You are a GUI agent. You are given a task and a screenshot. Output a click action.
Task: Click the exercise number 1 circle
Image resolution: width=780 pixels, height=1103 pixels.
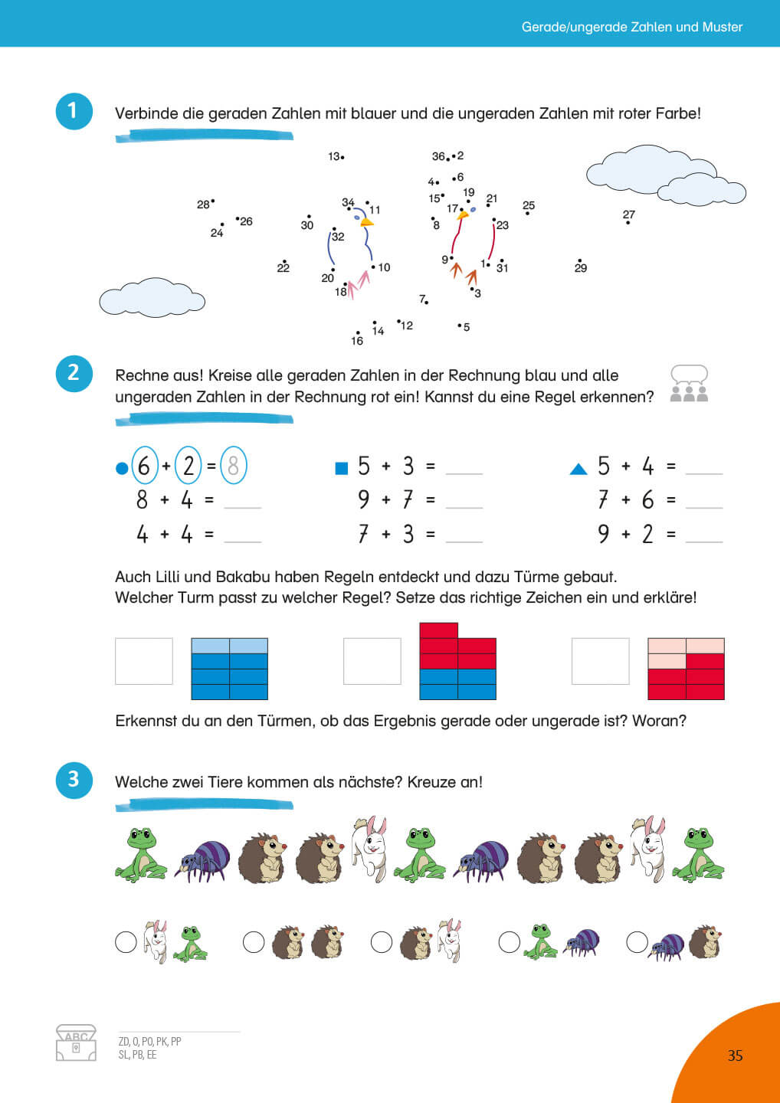click(74, 111)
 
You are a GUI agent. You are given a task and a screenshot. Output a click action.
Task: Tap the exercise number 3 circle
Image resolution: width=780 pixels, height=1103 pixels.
click(74, 780)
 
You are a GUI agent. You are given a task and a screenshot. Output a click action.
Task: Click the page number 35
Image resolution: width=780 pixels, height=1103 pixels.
click(735, 1056)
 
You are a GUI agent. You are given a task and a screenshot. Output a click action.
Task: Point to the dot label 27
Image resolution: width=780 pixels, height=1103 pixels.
click(628, 215)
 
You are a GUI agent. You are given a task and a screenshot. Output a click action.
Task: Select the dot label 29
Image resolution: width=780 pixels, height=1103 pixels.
click(581, 267)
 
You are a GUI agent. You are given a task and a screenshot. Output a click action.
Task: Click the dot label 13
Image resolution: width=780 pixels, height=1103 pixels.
click(334, 156)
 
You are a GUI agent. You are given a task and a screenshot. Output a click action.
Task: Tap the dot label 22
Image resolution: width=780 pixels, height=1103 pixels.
click(283, 267)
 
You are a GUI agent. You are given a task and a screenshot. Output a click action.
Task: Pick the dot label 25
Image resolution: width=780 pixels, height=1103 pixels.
click(529, 205)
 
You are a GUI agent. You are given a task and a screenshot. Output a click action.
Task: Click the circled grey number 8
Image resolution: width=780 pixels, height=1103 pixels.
click(234, 466)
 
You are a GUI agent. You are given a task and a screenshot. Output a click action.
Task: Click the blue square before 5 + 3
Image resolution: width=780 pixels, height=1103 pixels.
click(342, 467)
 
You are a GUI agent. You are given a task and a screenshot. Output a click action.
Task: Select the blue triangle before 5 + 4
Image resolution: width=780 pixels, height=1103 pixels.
click(578, 469)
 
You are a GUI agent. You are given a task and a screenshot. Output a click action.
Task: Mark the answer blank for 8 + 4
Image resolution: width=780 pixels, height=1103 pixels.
click(242, 502)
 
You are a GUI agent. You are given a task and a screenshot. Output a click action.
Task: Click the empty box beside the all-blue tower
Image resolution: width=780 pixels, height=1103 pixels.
click(144, 661)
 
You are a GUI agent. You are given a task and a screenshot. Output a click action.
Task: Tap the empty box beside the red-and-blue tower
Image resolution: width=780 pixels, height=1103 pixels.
click(372, 661)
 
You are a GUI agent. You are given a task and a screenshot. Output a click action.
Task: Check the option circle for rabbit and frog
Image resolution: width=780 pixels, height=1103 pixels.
click(126, 941)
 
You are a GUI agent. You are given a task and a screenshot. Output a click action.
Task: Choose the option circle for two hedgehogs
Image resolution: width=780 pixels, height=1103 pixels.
click(254, 941)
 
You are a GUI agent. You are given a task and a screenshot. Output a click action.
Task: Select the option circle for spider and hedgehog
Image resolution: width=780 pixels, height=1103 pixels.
click(637, 941)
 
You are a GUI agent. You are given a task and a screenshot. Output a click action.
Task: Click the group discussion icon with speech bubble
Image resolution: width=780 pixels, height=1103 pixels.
click(689, 384)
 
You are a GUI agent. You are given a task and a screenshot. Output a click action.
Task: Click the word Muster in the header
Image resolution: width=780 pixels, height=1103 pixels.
click(723, 27)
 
